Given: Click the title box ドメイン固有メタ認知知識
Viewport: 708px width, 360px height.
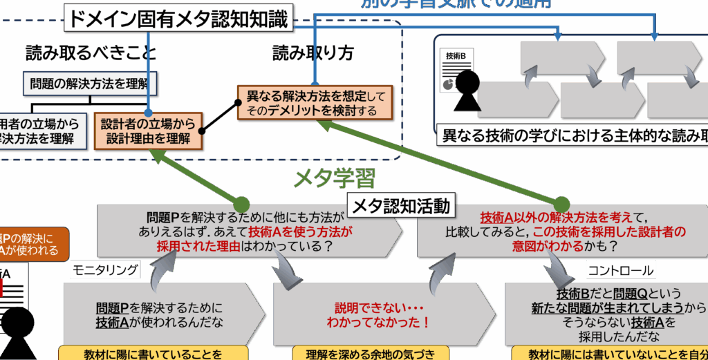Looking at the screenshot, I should [178, 19].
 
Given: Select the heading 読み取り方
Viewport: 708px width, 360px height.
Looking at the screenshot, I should [313, 54].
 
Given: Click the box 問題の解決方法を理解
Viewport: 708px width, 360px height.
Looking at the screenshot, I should [91, 84].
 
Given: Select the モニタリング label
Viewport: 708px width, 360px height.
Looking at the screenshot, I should [105, 269].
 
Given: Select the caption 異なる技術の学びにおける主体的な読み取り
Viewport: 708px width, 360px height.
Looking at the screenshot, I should [574, 136].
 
